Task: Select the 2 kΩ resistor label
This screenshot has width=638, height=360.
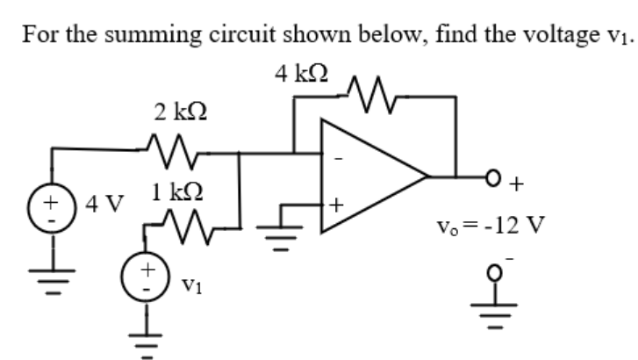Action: (180, 112)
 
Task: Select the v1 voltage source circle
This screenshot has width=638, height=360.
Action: (148, 273)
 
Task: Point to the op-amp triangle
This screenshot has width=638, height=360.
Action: (369, 176)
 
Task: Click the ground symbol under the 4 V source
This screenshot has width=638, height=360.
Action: (51, 281)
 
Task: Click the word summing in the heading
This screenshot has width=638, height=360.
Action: (127, 35)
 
